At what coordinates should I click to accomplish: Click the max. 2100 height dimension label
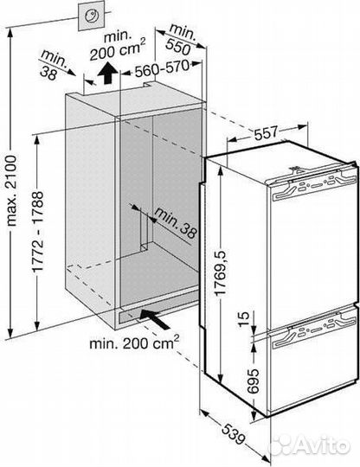coord(12,190)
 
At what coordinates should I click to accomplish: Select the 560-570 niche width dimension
coord(162,68)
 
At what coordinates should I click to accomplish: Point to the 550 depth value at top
coord(178,46)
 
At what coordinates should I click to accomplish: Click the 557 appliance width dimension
coord(267,132)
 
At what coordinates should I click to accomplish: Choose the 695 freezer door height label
coord(254,381)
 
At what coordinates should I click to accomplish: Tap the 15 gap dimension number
coord(243,319)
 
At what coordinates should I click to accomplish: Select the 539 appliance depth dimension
coord(234,435)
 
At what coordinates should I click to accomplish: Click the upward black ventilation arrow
coord(108,74)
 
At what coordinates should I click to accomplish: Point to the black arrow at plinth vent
coord(154,319)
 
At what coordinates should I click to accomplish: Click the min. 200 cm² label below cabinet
coord(134,342)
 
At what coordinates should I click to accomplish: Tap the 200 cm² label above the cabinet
coord(118,49)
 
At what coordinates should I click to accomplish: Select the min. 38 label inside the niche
coord(177,223)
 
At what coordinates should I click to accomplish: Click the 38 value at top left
coord(48,74)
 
